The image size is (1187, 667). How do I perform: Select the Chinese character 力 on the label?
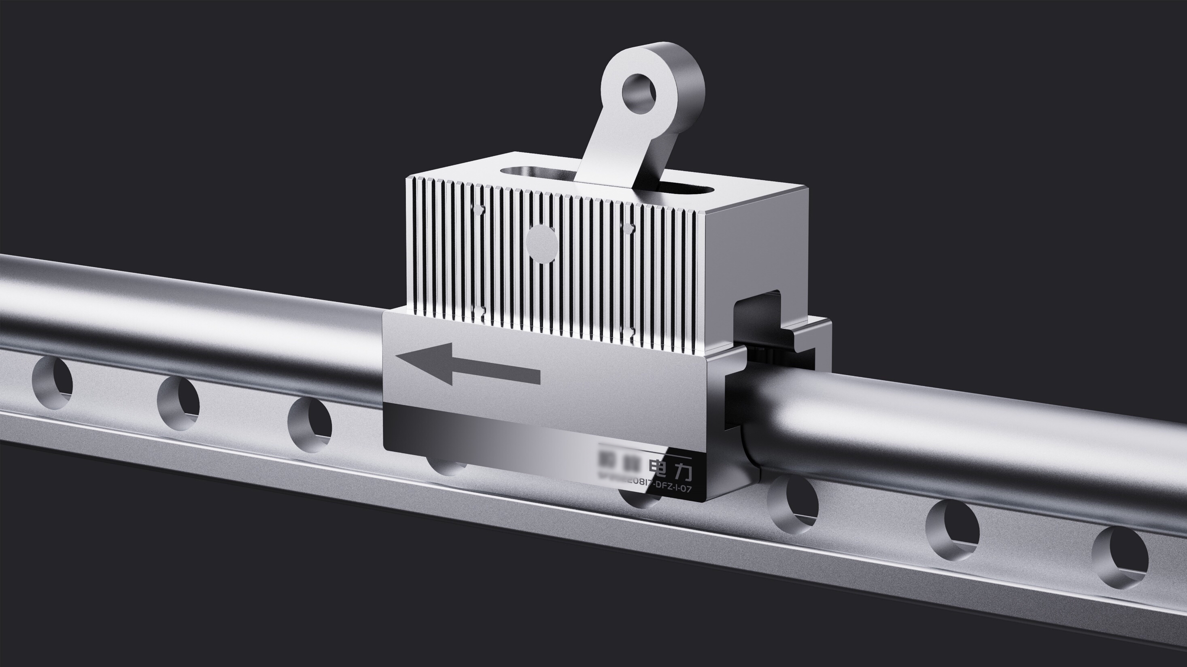click(x=682, y=472)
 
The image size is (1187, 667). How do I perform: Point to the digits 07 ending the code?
click(x=686, y=489)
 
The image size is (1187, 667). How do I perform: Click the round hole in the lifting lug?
click(x=639, y=94)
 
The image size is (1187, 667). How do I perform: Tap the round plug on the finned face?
click(x=542, y=244)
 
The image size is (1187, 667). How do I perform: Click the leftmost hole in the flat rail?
click(x=53, y=382)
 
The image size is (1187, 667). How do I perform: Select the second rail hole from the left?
click(x=178, y=403)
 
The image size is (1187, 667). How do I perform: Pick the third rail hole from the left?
click(x=310, y=424)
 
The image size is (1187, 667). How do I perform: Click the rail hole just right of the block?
click(x=794, y=504)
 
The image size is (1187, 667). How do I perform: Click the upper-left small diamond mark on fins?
click(x=479, y=210)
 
